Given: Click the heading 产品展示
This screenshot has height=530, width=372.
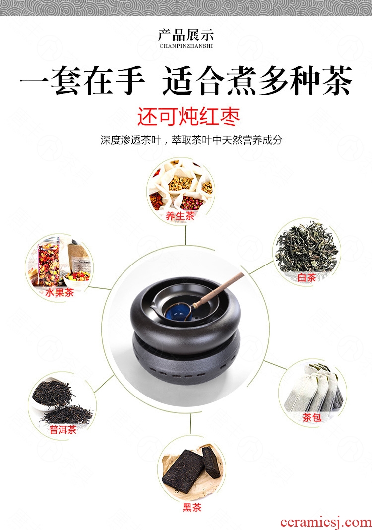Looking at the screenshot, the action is pos(186,35).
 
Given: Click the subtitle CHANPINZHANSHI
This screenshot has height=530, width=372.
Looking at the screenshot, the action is pos(186,46).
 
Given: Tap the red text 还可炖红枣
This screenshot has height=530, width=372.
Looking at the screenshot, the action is pos(188,117).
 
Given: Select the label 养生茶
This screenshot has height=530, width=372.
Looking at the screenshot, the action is pos(180,216).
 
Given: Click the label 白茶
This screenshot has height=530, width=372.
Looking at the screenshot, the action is pos(307,277).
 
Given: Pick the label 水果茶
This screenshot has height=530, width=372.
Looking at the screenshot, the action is pos(60,292).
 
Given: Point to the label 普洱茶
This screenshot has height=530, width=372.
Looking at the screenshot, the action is pos(62,430).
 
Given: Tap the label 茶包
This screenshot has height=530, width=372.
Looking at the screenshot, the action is pos(311,418).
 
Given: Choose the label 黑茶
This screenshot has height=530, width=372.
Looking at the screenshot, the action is pos(192,507).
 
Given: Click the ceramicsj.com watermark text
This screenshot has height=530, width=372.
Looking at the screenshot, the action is pos(326,522).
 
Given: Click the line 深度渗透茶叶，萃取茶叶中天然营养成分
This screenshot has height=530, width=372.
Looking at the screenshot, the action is pos(191,140).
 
